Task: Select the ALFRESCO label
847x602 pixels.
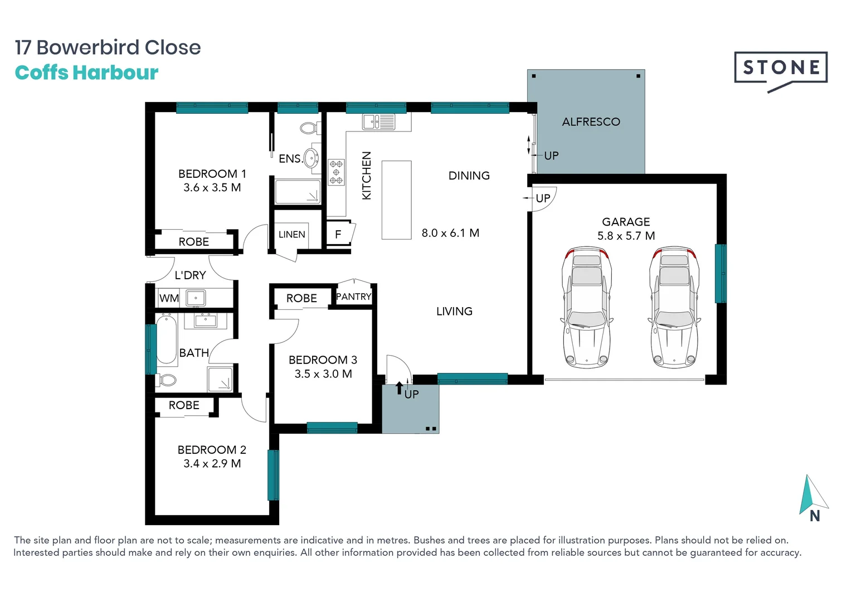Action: click(591, 122)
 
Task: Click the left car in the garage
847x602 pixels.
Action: click(586, 308)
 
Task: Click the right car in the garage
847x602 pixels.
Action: click(674, 308)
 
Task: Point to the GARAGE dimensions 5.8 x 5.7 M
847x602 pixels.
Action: click(626, 236)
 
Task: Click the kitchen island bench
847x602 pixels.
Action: click(396, 200)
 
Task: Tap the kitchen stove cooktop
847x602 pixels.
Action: click(336, 172)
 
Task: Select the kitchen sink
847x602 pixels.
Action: click(379, 122)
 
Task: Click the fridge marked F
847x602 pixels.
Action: click(338, 235)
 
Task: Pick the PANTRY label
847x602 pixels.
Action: click(353, 297)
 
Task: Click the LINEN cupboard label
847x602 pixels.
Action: click(291, 235)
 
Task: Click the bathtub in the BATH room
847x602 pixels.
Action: click(166, 339)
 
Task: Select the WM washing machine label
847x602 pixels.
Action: click(169, 298)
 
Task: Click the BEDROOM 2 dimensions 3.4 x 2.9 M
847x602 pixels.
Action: click(212, 464)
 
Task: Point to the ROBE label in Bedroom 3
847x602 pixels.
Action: click(301, 298)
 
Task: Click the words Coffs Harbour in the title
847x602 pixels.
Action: click(86, 72)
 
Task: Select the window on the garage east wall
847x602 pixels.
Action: click(721, 274)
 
